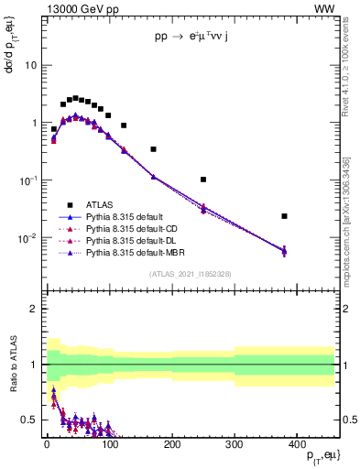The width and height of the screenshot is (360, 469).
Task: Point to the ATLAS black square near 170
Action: [153, 149]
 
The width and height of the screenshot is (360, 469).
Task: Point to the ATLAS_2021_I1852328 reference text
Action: [190, 274]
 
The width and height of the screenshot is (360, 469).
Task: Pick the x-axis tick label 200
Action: [171, 444]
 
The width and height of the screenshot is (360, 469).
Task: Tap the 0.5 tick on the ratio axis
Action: [28, 420]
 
